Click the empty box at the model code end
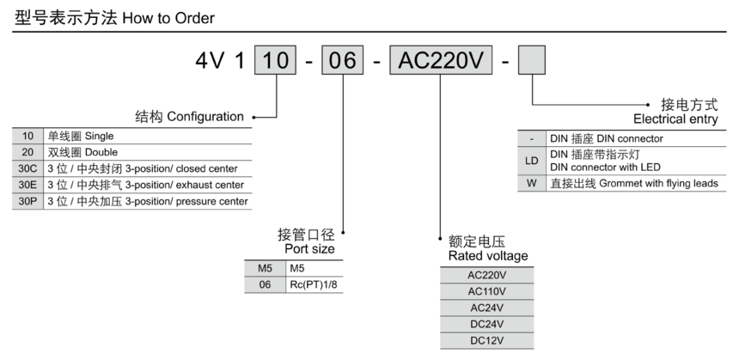coord(532,62)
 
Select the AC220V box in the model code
coord(440,62)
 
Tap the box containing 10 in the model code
coord(276,62)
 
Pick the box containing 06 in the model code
coord(344,62)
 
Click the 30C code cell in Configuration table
coord(28,168)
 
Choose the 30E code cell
coord(28,185)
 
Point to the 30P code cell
coord(28,201)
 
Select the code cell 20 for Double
coord(28,152)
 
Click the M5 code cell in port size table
coord(265,270)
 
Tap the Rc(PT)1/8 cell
coord(315,286)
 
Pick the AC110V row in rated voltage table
coord(486,291)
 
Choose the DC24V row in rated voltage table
coord(486,324)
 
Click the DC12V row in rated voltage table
coord(486,340)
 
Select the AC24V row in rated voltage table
coord(486,308)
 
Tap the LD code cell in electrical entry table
coord(532,161)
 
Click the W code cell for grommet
coord(532,183)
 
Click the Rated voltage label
coord(488,256)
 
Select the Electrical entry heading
coord(675,119)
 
